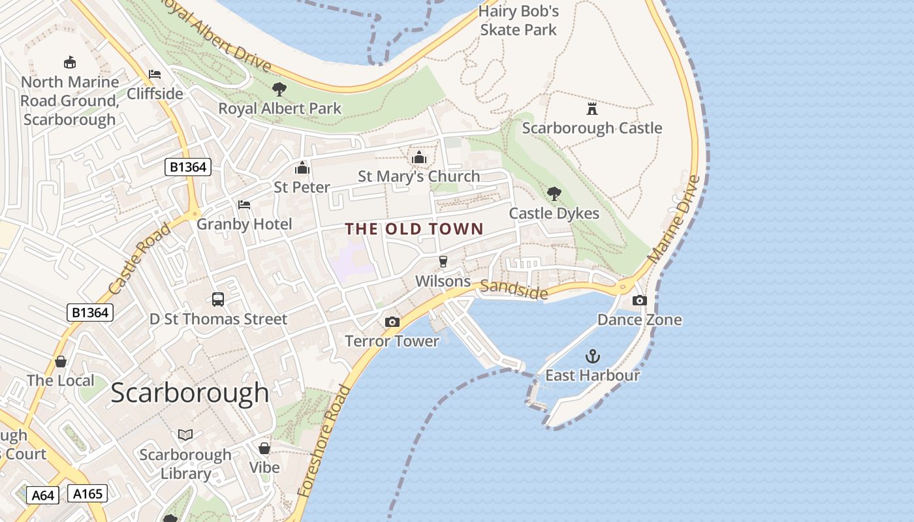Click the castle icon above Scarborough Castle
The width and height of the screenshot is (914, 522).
(x=592, y=108)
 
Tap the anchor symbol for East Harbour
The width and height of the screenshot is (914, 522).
(x=592, y=356)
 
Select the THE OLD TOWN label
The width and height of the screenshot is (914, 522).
(x=414, y=229)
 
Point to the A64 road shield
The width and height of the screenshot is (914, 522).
(x=43, y=495)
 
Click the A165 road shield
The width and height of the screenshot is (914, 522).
(x=87, y=494)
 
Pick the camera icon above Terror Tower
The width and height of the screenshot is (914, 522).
(x=392, y=322)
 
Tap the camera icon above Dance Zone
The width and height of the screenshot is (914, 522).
(x=640, y=300)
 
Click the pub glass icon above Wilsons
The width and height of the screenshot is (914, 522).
(x=443, y=262)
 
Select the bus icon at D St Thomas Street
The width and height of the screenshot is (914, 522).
(x=218, y=299)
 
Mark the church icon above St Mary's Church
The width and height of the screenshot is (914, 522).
(x=419, y=157)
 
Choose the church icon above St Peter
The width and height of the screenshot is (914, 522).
(x=302, y=168)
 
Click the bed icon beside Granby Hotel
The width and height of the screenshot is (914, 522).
(x=244, y=205)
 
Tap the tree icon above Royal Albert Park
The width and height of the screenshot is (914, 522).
(x=279, y=89)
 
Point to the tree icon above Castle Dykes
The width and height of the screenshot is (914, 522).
(x=554, y=194)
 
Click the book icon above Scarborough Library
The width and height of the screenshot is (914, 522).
(x=185, y=435)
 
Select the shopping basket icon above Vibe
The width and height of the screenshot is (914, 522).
(x=264, y=448)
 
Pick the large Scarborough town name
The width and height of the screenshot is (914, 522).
(x=190, y=393)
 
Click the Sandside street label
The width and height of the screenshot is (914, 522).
(x=514, y=290)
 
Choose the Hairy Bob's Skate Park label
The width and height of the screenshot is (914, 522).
(x=518, y=20)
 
